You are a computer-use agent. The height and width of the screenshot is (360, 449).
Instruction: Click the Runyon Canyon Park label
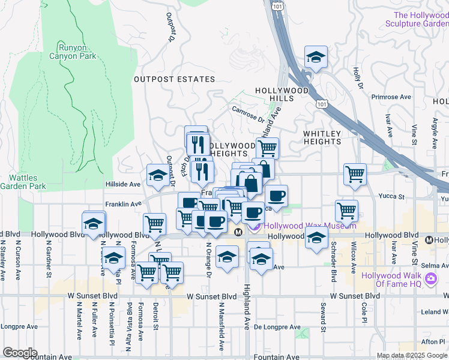[77, 52]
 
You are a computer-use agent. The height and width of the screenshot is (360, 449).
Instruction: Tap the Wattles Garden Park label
[28, 182]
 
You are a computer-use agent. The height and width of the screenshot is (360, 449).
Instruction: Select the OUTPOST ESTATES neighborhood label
[174, 79]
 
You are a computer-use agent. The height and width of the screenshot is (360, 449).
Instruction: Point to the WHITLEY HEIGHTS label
[322, 137]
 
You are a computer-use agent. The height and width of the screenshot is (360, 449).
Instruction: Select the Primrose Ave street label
[391, 97]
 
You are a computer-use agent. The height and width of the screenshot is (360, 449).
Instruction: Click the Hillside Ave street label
[122, 185]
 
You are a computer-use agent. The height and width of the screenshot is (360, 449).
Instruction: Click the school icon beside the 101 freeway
[316, 57]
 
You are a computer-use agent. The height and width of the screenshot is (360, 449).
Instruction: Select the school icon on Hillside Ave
[158, 175]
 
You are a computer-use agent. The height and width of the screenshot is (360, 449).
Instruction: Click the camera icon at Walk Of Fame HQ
[430, 280]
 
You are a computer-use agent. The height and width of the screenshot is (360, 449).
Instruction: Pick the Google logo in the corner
[20, 353]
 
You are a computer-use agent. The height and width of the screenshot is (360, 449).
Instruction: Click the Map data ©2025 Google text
[412, 355]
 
